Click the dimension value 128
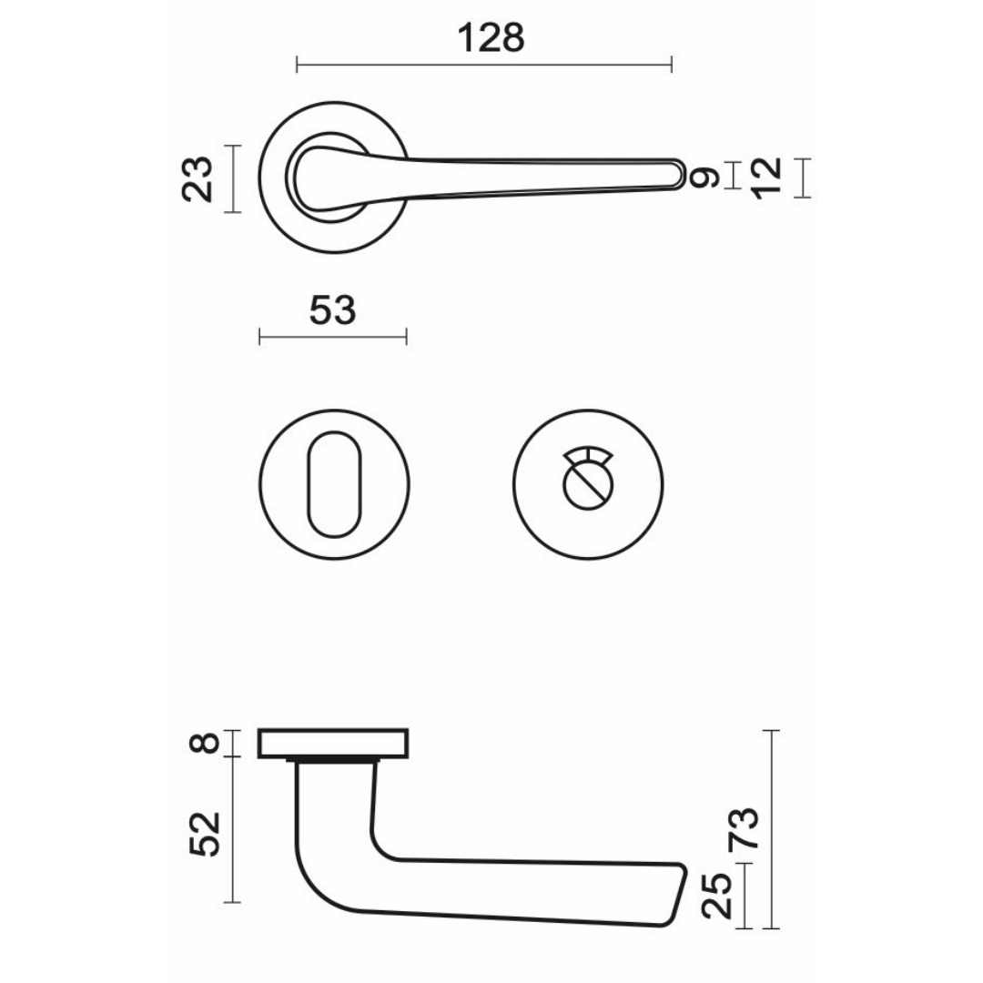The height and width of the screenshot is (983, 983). click(491, 38)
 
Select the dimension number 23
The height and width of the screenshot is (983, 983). click(199, 178)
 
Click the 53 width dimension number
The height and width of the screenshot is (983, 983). click(332, 311)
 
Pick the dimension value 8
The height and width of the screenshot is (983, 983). click(207, 743)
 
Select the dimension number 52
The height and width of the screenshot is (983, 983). click(207, 833)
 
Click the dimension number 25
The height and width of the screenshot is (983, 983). click(719, 896)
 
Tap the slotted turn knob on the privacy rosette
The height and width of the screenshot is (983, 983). click(586, 491)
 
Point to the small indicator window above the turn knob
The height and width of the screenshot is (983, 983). click(586, 456)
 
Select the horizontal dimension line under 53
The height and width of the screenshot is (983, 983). click(332, 338)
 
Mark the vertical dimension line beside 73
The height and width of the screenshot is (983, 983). click(772, 829)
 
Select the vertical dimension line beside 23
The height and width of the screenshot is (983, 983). click(235, 178)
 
